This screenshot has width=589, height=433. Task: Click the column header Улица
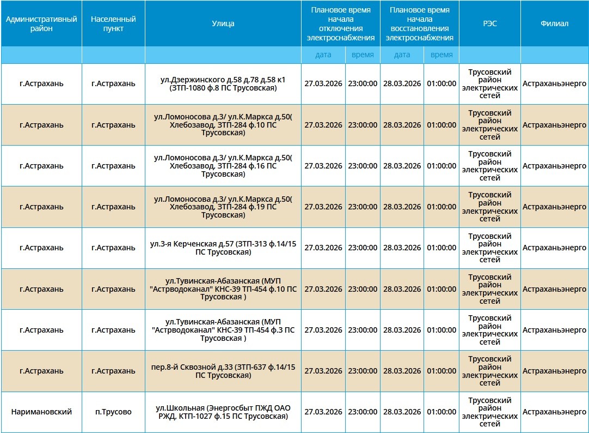click(x=223, y=23)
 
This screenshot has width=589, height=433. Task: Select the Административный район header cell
click(x=41, y=23)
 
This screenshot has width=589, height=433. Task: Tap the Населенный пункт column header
click(x=113, y=23)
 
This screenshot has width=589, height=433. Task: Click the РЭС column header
click(x=489, y=23)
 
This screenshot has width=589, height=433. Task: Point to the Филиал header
click(x=554, y=23)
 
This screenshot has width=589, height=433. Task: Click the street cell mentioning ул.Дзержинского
click(x=223, y=84)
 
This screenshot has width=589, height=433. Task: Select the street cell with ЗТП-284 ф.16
click(x=223, y=166)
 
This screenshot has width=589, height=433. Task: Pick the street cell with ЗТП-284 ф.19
click(x=223, y=207)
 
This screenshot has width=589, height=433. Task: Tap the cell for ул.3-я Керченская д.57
click(x=223, y=248)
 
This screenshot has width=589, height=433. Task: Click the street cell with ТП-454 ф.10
click(x=223, y=289)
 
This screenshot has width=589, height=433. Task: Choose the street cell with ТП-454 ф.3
click(x=223, y=330)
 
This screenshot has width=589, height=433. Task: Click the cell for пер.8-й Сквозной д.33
click(x=223, y=371)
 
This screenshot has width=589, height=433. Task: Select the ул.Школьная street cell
click(x=223, y=412)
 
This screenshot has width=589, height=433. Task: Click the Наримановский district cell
click(x=41, y=412)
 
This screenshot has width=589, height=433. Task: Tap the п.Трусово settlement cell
click(x=113, y=412)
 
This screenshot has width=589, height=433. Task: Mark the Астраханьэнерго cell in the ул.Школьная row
click(x=554, y=412)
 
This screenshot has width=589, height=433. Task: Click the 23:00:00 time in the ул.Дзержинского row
click(x=363, y=84)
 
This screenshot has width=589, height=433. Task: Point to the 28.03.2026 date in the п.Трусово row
click(x=402, y=412)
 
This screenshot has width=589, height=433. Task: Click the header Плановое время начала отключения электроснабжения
click(x=340, y=23)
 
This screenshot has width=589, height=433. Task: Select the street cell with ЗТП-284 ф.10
click(x=223, y=125)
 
